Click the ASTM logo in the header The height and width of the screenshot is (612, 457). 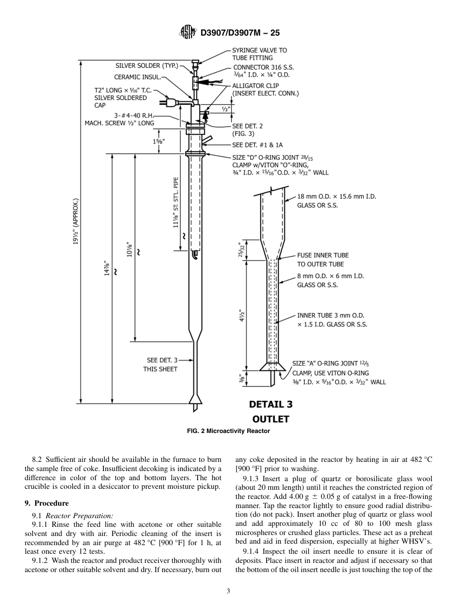pyautogui.click(x=187, y=33)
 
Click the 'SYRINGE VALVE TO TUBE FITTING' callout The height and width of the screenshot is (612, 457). pyautogui.click(x=259, y=54)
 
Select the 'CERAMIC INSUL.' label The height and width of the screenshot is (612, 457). pyautogui.click(x=137, y=77)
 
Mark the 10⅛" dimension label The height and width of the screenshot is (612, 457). pyautogui.click(x=129, y=249)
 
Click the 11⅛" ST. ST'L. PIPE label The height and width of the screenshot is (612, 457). pyautogui.click(x=176, y=202)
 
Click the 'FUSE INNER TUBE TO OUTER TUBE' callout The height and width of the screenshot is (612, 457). pyautogui.click(x=322, y=260)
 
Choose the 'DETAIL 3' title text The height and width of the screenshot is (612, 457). pyautogui.click(x=270, y=404)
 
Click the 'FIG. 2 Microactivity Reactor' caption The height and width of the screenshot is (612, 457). pyautogui.click(x=228, y=431)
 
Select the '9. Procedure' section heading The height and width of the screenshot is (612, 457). pyautogui.click(x=46, y=503)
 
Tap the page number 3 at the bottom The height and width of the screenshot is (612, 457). pyautogui.click(x=228, y=591)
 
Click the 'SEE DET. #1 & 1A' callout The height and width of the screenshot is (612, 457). pyautogui.click(x=257, y=145)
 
